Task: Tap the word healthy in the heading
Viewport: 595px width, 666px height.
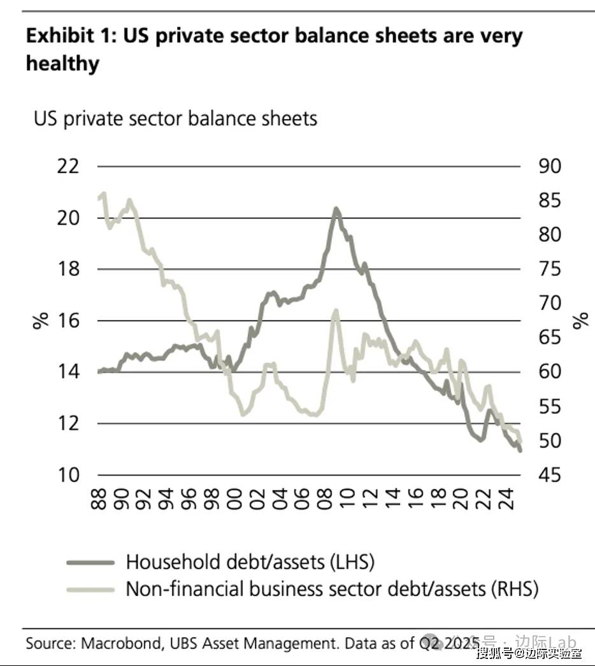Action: tap(62, 64)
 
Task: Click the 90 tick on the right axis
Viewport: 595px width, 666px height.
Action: tap(549, 167)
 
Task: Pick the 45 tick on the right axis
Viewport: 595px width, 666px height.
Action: tap(549, 475)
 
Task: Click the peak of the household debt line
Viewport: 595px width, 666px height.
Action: tap(336, 209)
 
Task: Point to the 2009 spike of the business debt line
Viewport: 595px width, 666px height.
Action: tap(336, 311)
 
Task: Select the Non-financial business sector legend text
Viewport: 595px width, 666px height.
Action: tap(331, 588)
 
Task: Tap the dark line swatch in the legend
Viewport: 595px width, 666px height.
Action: tap(90, 562)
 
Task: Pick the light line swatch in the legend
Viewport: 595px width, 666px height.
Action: tap(90, 589)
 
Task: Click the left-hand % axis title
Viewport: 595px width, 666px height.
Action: tap(41, 320)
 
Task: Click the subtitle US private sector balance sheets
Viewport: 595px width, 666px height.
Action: tap(175, 118)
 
